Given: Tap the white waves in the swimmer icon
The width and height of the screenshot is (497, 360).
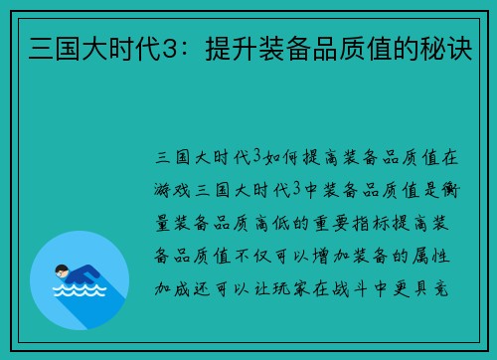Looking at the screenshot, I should [79, 294].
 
